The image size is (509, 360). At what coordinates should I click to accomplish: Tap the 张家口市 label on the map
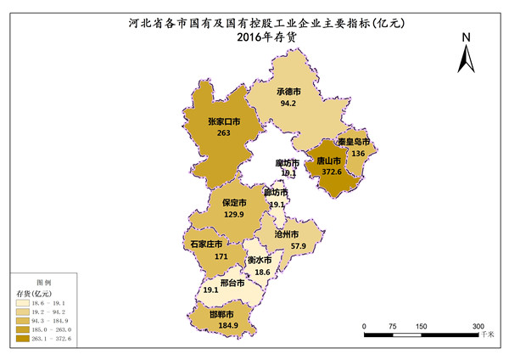pyautogui.click(x=224, y=121)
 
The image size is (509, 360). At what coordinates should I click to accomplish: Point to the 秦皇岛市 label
pyautogui.click(x=353, y=142)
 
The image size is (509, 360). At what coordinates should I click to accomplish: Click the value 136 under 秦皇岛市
pyautogui.click(x=358, y=154)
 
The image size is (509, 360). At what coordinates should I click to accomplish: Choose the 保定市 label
pyautogui.click(x=234, y=204)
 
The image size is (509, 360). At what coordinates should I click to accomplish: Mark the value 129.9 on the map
pyautogui.click(x=234, y=216)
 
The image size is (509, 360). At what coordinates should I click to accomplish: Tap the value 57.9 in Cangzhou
pyautogui.click(x=299, y=246)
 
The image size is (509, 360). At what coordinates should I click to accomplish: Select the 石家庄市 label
pyautogui.click(x=207, y=245)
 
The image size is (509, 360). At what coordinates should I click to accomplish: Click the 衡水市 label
pyautogui.click(x=259, y=260)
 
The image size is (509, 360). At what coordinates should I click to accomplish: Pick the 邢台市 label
pyautogui.click(x=232, y=283)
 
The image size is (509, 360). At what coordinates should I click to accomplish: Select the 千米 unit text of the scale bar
pyautogui.click(x=486, y=336)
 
